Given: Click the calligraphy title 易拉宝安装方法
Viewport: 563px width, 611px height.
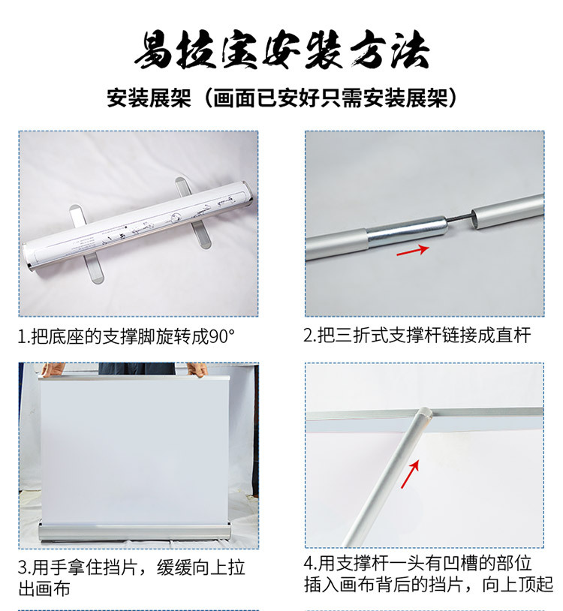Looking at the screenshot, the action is (282, 50).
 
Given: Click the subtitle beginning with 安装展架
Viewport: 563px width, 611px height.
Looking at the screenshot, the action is (282, 98).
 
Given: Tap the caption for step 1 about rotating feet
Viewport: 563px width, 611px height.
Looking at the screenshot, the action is (127, 337).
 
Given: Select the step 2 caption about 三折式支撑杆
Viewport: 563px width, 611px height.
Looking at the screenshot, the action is (417, 335).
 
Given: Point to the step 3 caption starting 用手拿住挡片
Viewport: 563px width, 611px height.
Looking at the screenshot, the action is (131, 578).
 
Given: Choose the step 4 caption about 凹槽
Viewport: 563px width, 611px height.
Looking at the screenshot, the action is (429, 573).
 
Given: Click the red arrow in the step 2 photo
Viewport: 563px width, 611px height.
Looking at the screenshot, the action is (413, 250).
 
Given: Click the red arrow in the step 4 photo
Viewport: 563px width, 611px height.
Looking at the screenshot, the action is (411, 474).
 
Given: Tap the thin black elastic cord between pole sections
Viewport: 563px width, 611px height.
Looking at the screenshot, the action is (459, 218).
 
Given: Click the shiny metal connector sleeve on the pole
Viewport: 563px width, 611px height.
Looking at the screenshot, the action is (406, 233).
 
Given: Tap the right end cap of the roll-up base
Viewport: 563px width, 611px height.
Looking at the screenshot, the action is (248, 194).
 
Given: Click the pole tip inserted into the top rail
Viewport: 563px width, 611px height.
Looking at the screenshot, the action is (424, 413).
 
